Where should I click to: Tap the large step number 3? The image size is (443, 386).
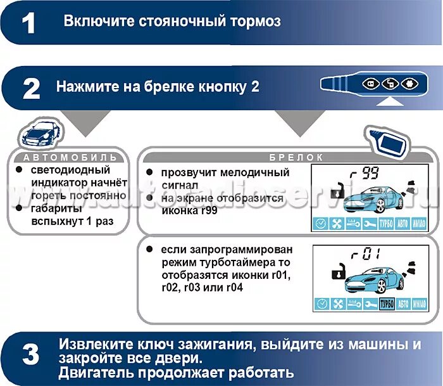[30, 356]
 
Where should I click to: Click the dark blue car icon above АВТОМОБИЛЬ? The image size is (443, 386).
[39, 132]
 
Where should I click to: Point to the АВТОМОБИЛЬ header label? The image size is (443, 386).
[70, 157]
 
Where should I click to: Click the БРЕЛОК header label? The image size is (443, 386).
[288, 157]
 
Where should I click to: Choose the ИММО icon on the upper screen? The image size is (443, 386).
[418, 224]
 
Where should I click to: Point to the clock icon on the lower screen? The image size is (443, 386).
[322, 304]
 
